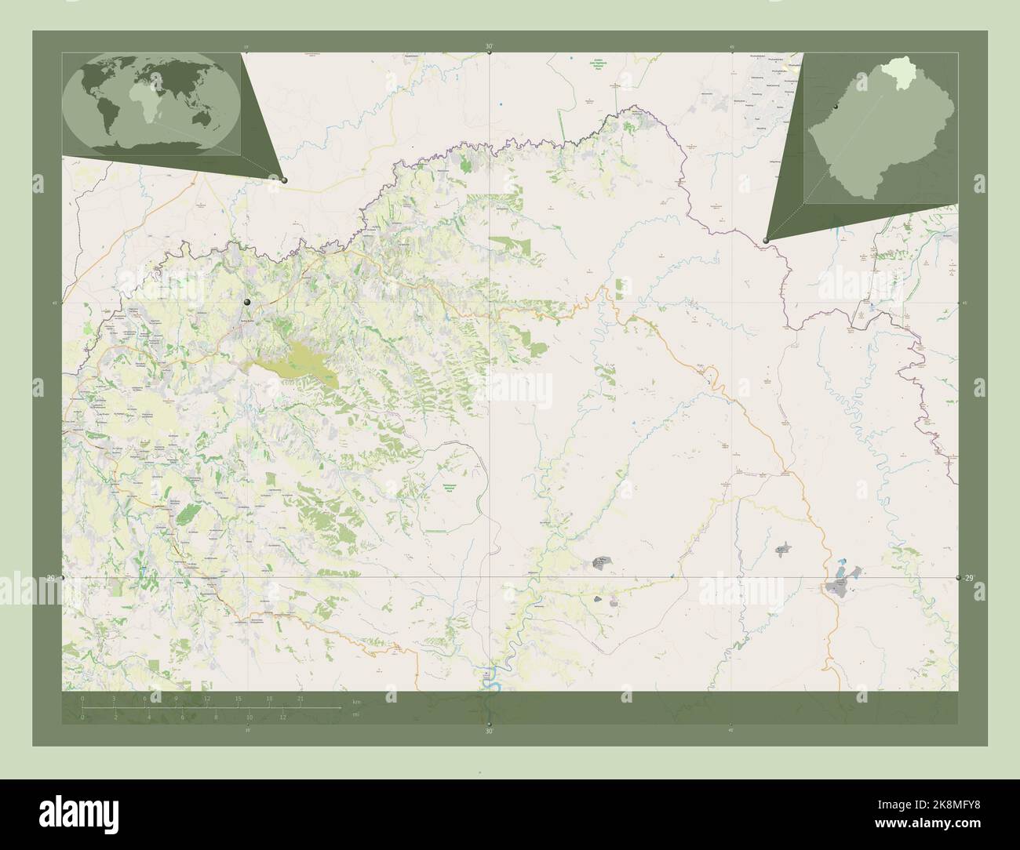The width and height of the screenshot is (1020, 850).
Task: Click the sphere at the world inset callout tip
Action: pyautogui.click(x=284, y=180)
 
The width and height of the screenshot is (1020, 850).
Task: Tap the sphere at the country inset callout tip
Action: pyautogui.click(x=766, y=241)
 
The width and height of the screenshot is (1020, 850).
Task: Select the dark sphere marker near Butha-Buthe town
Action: pyautogui.click(x=247, y=302)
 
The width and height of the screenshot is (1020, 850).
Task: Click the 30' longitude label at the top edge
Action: pyautogui.click(x=489, y=46)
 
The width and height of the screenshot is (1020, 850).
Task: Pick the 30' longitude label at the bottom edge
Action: pyautogui.click(x=489, y=732)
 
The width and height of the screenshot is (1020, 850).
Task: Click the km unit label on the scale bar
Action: pyautogui.click(x=356, y=700)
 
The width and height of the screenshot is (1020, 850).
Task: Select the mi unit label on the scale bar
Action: pyautogui.click(x=355, y=714)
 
